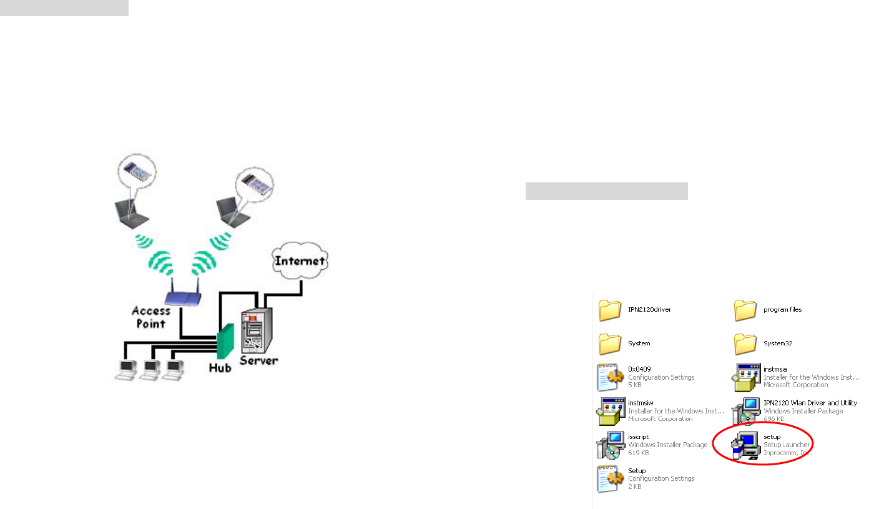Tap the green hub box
(225, 343)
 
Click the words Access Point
(150, 317)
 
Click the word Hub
(220, 367)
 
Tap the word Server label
(259, 360)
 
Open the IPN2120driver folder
(609, 310)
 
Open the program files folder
(745, 310)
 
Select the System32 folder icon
(745, 343)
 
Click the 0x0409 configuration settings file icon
(609, 377)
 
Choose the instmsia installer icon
(745, 377)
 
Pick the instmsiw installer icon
(609, 411)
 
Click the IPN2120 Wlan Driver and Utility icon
(745, 411)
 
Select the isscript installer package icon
(609, 445)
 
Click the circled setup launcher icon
(745, 445)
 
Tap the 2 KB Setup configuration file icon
(609, 478)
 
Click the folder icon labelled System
(609, 343)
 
